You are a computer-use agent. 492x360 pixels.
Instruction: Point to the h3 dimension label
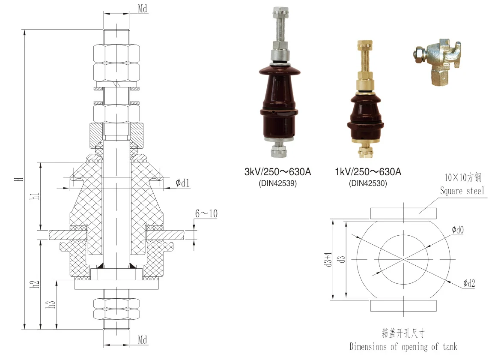[x=51, y=304]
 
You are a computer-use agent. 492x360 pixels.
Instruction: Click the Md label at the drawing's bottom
[x=143, y=340]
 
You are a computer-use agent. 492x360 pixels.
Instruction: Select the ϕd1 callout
[x=182, y=183]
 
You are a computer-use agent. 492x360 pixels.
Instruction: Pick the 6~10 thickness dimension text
[x=206, y=213]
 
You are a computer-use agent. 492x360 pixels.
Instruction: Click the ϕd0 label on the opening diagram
[x=457, y=230]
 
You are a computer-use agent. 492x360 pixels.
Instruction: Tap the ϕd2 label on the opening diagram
[x=469, y=283]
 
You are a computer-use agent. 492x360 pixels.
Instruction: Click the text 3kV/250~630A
[x=277, y=172]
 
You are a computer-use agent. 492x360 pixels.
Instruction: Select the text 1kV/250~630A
[x=368, y=172]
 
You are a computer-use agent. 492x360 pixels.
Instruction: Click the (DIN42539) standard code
[x=277, y=183]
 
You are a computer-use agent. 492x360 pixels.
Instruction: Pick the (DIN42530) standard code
[x=368, y=183]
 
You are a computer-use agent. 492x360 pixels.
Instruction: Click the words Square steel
[x=462, y=191]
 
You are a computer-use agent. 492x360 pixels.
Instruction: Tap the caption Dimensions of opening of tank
[x=403, y=346]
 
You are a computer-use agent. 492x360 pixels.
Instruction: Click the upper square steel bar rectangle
[x=403, y=213]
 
